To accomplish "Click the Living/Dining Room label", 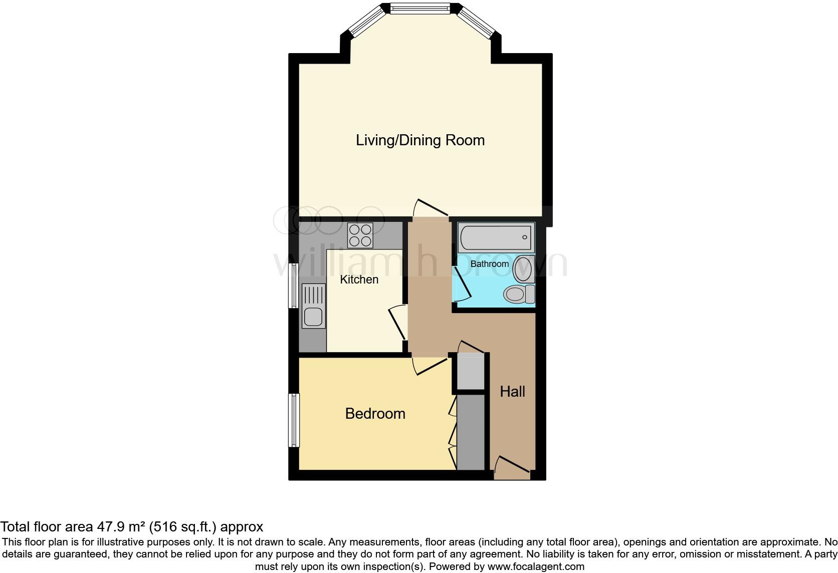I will (420, 140).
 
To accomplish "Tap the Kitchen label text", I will (359, 279).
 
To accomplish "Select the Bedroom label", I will (375, 414).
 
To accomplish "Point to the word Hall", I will (512, 392).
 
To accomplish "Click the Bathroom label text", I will (489, 264).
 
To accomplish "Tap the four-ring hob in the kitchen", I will (360, 235).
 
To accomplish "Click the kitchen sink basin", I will (313, 317).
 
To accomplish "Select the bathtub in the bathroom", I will (495, 238).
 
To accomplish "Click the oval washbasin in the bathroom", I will (522, 268).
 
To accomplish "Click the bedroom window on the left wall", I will (294, 420).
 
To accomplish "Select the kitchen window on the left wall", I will (294, 285).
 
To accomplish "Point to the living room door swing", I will (430, 208).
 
